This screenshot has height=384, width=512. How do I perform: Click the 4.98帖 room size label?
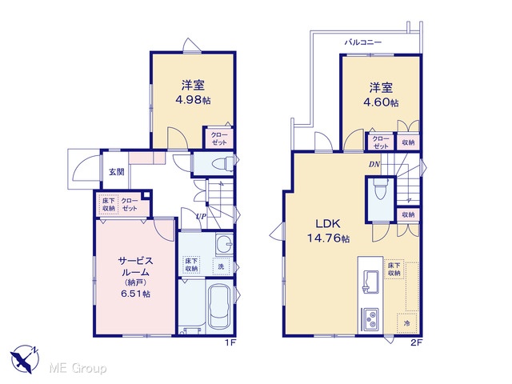click(x=193, y=100)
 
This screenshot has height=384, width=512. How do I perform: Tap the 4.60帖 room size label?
click(x=381, y=102)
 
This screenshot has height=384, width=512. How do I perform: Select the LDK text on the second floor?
click(x=328, y=224)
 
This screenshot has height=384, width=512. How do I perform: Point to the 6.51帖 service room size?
click(x=135, y=294)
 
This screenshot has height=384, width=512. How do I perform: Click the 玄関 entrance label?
click(x=117, y=171)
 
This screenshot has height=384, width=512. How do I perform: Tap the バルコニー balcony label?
click(x=363, y=42)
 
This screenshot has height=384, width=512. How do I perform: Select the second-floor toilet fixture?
click(x=380, y=189)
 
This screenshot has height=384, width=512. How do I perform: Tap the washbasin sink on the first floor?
click(x=224, y=244)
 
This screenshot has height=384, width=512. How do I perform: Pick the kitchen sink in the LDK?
click(x=370, y=281)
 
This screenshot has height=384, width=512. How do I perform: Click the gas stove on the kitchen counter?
click(x=370, y=319)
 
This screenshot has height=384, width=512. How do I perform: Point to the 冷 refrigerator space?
click(x=407, y=323)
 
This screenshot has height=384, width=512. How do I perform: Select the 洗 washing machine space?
click(x=222, y=266)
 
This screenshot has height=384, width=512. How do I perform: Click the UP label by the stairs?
click(x=201, y=216)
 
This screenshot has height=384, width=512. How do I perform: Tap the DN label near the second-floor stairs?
click(x=374, y=165)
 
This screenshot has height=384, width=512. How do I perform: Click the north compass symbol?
click(x=25, y=359)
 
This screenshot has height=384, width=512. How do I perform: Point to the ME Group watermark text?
click(x=78, y=369)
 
